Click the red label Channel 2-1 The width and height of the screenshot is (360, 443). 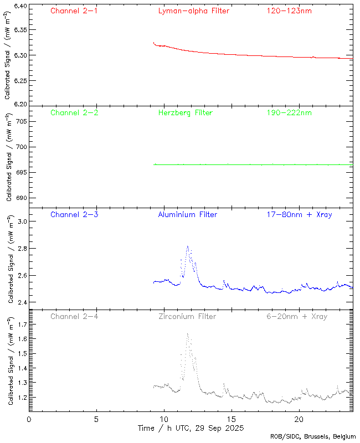tap(74, 11)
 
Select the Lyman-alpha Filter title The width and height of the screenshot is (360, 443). tap(193, 11)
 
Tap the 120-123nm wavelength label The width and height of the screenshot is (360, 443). tap(289, 11)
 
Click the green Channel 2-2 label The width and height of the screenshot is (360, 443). tap(74, 112)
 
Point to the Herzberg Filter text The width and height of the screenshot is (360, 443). tap(186, 112)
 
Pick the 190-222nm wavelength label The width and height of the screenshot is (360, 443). tap(289, 112)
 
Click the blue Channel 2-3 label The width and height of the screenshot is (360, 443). tap(74, 214)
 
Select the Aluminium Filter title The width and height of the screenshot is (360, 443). tap(188, 214)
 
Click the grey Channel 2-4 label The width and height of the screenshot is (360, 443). tap(74, 316)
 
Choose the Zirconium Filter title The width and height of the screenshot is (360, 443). tap(187, 316)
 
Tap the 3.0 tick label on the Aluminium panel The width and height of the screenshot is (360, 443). tap(21, 221)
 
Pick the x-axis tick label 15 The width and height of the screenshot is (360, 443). tap(232, 419)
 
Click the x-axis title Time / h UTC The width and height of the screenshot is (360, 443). tap(191, 428)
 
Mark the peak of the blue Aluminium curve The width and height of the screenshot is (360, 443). tap(188, 246)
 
